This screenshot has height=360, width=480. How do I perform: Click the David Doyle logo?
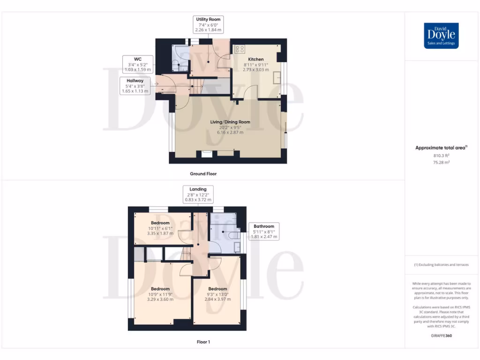pyautogui.click(x=441, y=36)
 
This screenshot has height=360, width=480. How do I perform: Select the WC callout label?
pyautogui.click(x=138, y=64)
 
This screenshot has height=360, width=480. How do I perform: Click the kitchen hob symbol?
pyautogui.click(x=240, y=49)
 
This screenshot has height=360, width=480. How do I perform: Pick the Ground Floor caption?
pyautogui.click(x=203, y=174)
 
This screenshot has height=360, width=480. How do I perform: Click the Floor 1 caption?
pyautogui.click(x=203, y=342)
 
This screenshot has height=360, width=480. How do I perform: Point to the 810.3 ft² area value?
pyautogui.click(x=441, y=156)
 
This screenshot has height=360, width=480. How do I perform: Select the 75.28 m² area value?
pyautogui.click(x=441, y=163)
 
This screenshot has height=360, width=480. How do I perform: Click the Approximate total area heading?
pyautogui.click(x=441, y=148)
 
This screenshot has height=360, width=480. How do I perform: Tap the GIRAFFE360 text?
pyautogui.click(x=441, y=336)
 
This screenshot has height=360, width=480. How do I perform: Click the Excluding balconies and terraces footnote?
pyautogui.click(x=441, y=265)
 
